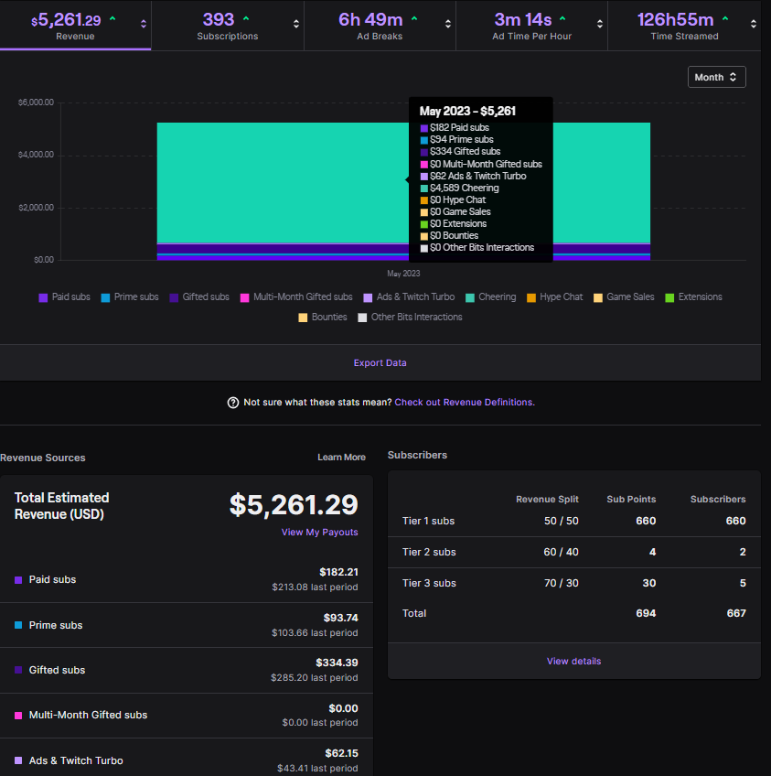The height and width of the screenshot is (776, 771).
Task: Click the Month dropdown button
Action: (716, 78)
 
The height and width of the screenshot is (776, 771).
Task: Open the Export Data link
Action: (380, 363)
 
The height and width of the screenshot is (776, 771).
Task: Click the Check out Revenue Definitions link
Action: (465, 403)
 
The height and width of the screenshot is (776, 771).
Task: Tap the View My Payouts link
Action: (319, 533)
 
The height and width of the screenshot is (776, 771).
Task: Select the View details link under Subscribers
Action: (573, 662)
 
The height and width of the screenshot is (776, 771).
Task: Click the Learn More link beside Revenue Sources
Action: (341, 458)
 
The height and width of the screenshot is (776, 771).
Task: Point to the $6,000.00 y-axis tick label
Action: (36, 102)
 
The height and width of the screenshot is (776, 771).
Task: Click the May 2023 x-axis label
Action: (403, 274)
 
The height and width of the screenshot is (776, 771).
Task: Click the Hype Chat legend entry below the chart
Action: (554, 297)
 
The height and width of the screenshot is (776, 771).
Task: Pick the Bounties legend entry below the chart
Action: (323, 318)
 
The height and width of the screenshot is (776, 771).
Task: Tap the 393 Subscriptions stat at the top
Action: (219, 19)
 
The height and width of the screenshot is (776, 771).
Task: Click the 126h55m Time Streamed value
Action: (675, 19)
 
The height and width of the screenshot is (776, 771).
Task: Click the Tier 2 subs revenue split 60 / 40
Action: (560, 552)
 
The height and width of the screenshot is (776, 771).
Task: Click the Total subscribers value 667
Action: (735, 613)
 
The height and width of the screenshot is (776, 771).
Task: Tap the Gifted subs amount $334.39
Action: (337, 663)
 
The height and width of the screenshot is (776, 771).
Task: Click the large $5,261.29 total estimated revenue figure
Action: (293, 505)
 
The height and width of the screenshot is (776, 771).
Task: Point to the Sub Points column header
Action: (631, 500)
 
